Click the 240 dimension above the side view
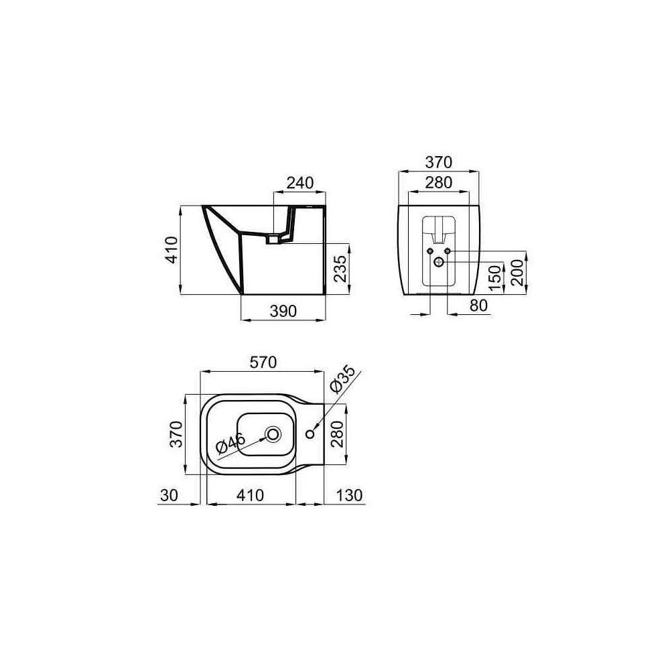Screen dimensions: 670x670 click(300, 183)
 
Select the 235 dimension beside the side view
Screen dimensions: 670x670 click(340, 269)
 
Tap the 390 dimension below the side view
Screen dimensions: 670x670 click(283, 311)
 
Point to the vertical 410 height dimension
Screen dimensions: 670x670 click(172, 250)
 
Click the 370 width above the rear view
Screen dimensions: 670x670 click(438, 162)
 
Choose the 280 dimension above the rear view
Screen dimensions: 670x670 click(438, 182)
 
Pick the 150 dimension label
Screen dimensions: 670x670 click(494, 278)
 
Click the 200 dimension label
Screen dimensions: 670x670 click(517, 273)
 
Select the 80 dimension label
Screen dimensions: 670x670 click(478, 306)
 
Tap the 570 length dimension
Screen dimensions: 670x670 click(263, 362)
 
